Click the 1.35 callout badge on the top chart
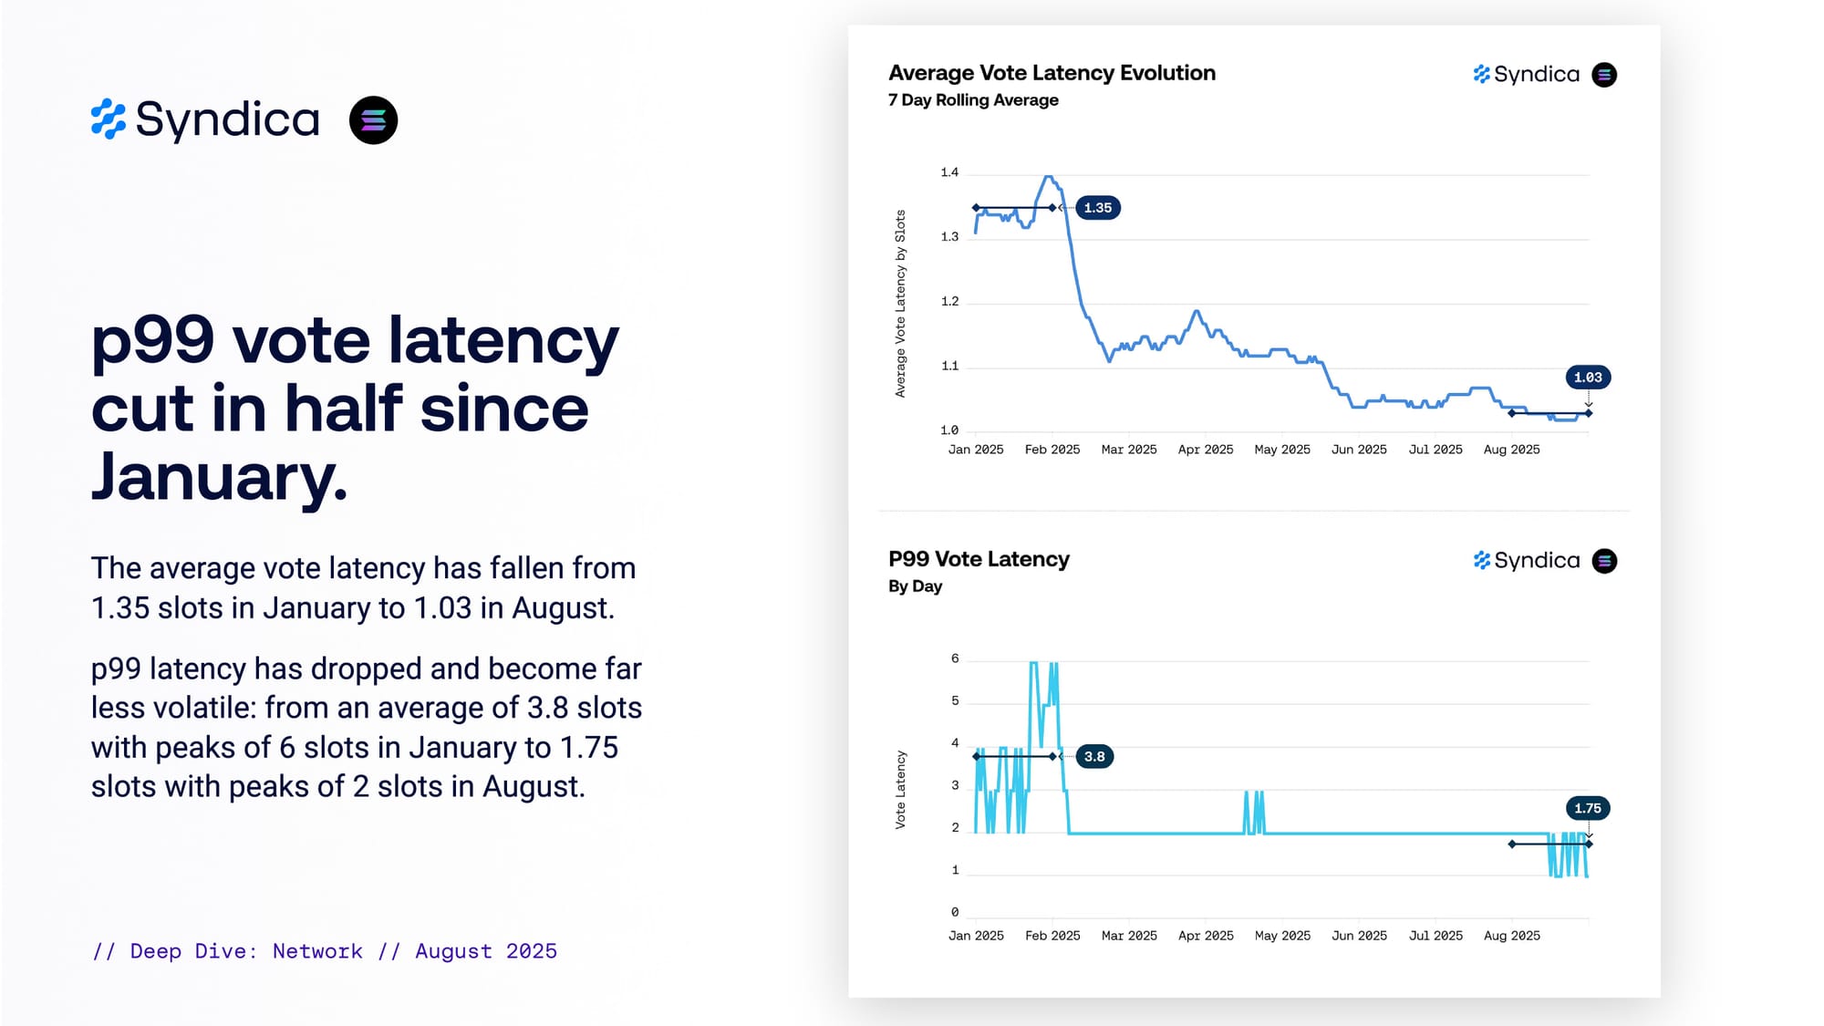(1097, 208)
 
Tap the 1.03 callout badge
(1587, 378)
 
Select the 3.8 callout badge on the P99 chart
(1094, 756)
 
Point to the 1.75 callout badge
(1587, 808)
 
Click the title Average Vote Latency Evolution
(1052, 73)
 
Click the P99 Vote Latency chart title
(979, 559)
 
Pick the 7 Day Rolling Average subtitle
(973, 100)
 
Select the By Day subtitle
(915, 586)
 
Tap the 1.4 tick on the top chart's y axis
(949, 172)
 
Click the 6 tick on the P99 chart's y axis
(955, 658)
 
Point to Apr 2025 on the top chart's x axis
(1205, 450)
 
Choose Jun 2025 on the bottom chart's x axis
(1359, 936)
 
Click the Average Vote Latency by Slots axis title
(900, 304)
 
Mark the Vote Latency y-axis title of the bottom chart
(900, 789)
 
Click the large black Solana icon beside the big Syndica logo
(373, 120)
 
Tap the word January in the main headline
(219, 477)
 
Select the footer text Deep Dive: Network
(246, 951)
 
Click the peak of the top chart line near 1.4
(1049, 177)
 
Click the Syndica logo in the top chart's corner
(1526, 74)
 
